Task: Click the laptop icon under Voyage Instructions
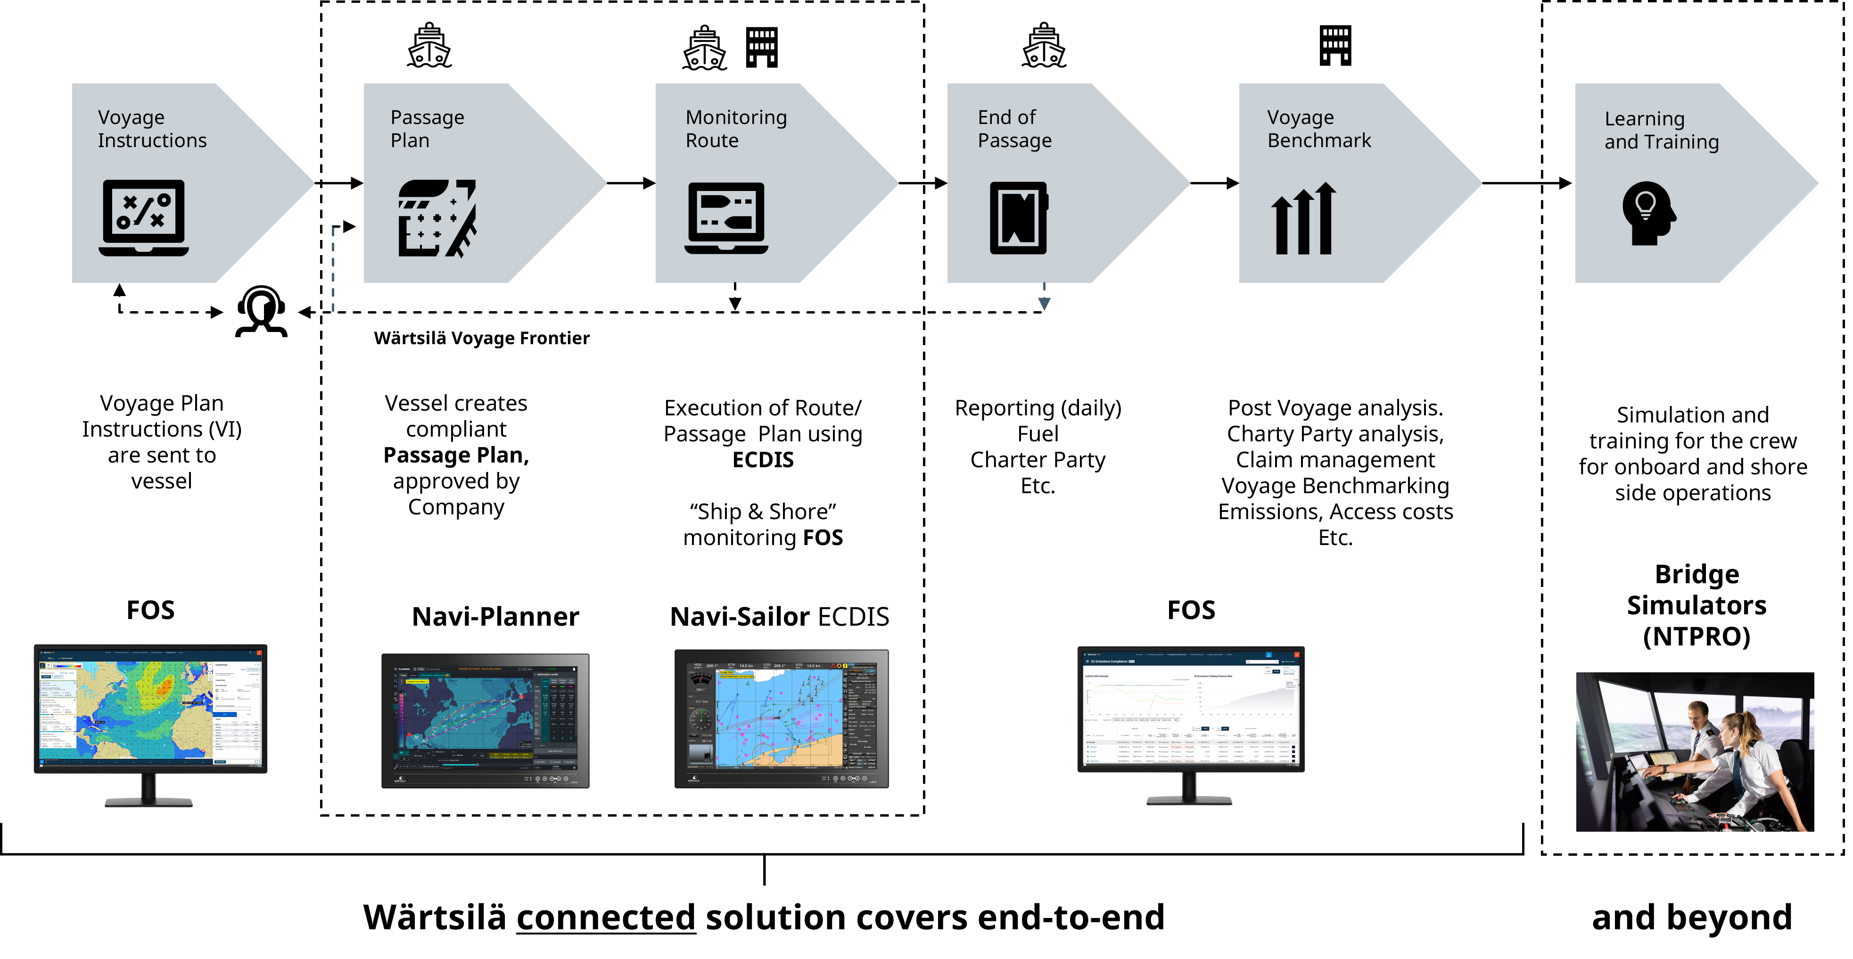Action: tap(143, 217)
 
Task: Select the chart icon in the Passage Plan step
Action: tap(436, 218)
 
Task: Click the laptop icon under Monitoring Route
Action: tap(726, 218)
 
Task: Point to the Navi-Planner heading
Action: tap(495, 617)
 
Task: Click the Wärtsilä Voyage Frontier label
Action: tap(481, 338)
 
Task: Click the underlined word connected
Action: tap(606, 917)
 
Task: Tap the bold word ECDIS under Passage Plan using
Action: tap(763, 460)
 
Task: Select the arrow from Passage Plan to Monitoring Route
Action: tap(630, 183)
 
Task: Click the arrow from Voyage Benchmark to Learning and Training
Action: tap(1525, 183)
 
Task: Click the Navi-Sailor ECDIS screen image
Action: tap(781, 718)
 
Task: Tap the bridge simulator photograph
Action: tap(1694, 752)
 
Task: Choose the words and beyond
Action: tap(1691, 917)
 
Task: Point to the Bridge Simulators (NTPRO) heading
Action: tap(1696, 605)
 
